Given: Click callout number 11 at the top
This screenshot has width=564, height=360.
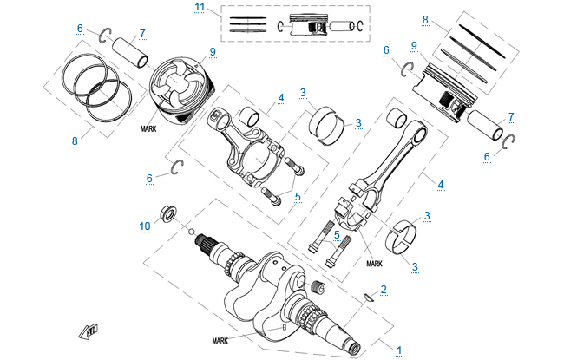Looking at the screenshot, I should tap(200, 8).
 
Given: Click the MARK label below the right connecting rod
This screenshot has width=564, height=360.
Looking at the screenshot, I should tap(375, 263).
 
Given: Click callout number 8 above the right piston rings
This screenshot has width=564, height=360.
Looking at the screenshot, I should tap(425, 18).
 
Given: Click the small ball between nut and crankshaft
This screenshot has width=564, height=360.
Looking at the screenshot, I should tap(189, 232).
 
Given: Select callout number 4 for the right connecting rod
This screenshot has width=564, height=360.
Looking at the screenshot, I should tap(441, 184).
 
